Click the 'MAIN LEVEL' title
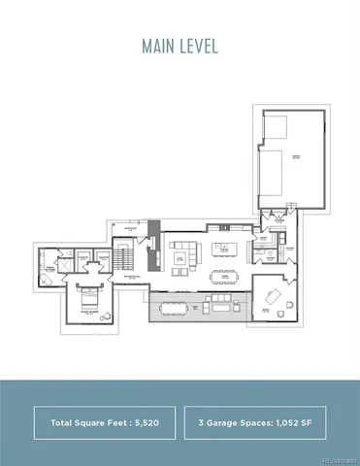pyautogui.click(x=180, y=46)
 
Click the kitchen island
pyautogui.click(x=226, y=243)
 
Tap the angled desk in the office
pyautogui.click(x=274, y=293)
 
